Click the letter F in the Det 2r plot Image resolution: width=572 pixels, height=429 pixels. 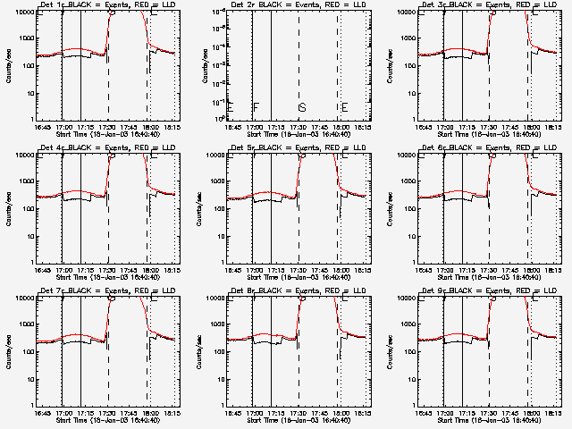coord(257,108)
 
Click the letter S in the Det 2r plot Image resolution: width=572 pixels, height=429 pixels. coord(302,108)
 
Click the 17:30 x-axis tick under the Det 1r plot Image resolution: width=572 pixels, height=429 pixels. coord(106,126)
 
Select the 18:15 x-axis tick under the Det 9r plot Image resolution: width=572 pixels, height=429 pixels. coord(549,412)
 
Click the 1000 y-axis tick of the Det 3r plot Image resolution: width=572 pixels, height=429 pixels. coord(405,38)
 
